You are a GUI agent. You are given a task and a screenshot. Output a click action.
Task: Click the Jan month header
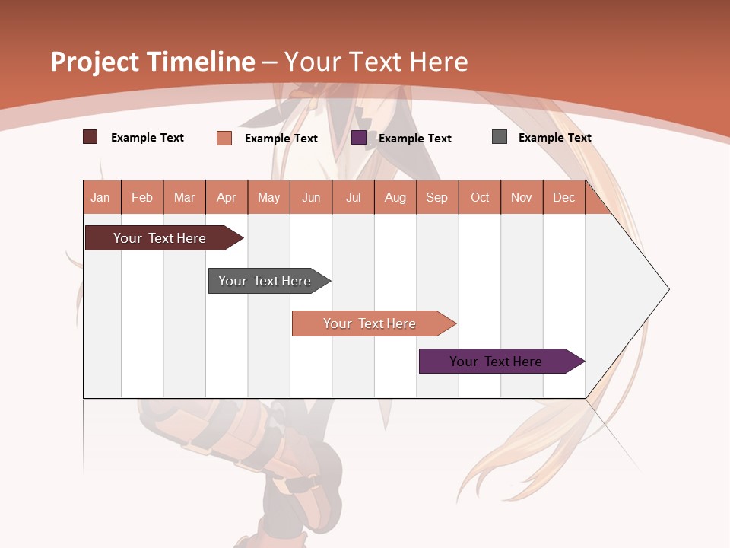(101, 197)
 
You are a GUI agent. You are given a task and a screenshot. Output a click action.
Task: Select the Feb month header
(142, 197)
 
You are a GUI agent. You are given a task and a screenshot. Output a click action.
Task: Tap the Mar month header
(184, 197)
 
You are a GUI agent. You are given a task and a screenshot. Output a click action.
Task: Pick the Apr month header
(227, 197)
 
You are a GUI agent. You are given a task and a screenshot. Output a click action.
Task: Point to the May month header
(268, 197)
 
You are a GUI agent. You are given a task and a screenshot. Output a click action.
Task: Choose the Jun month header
(311, 197)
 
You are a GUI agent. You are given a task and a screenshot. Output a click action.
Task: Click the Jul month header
(353, 197)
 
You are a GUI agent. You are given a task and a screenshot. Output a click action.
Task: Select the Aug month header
(395, 197)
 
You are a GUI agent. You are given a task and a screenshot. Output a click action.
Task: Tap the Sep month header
(437, 197)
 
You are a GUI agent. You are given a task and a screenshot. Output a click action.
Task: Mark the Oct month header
(480, 197)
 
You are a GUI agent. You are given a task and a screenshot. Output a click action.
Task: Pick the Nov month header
(522, 197)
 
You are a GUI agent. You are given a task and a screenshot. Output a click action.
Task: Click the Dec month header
(564, 197)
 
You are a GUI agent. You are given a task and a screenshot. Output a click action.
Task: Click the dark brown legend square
(90, 137)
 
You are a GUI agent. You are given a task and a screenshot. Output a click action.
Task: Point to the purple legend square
(359, 138)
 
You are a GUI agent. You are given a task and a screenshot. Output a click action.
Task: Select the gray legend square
(500, 137)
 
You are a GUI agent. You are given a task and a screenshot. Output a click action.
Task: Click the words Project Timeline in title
(152, 62)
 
